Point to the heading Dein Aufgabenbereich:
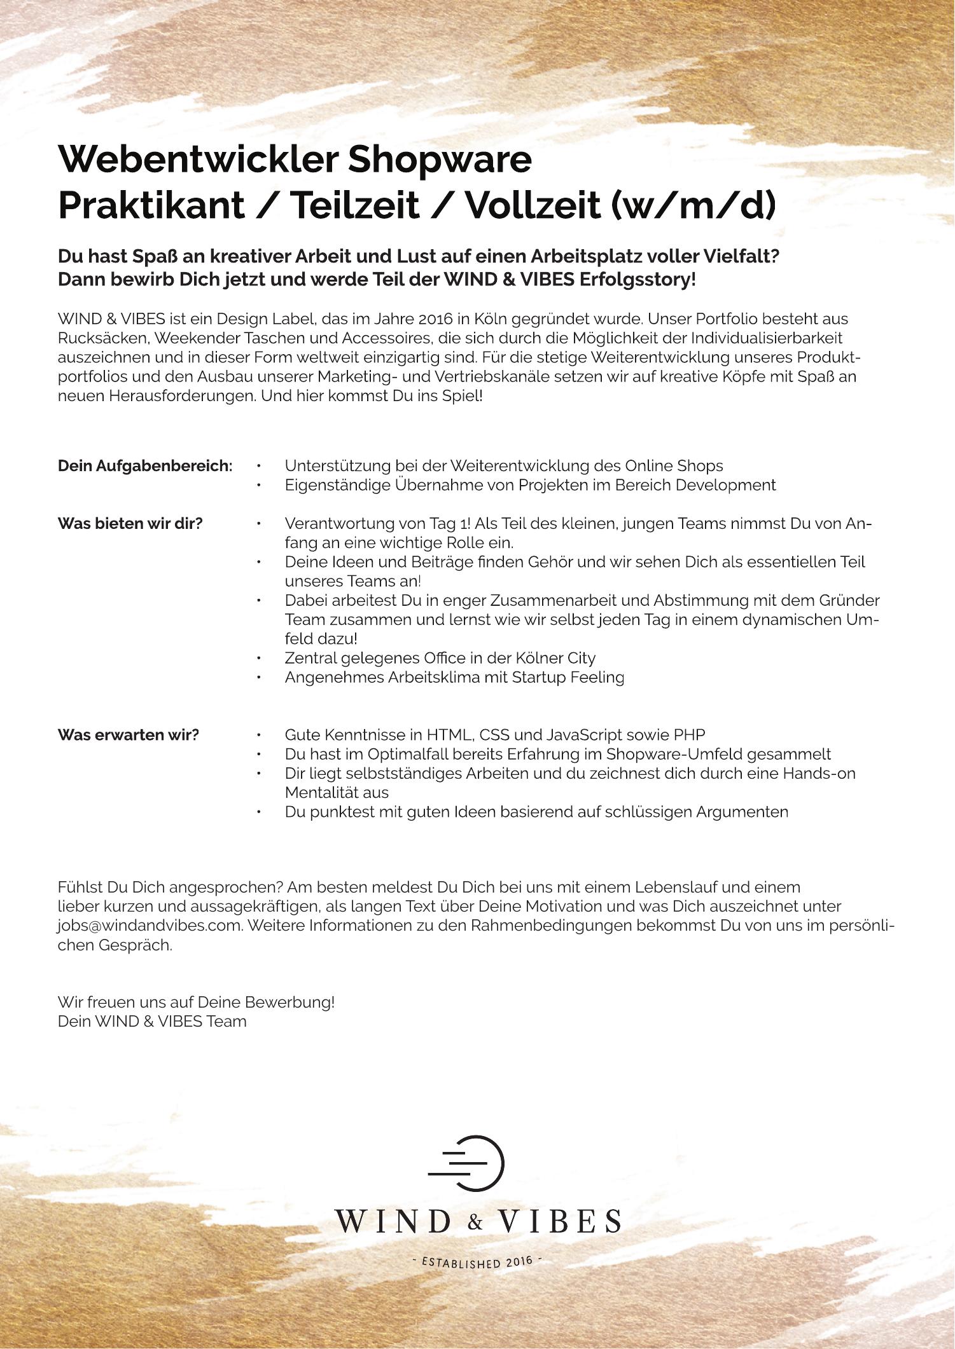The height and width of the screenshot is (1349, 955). (x=145, y=466)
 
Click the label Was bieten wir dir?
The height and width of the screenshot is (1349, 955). (x=130, y=524)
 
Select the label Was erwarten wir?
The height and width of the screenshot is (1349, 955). (x=128, y=735)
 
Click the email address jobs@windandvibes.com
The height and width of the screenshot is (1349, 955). (x=150, y=926)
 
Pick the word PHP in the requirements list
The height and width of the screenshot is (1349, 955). (x=690, y=735)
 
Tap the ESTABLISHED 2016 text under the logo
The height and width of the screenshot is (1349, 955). (x=477, y=1261)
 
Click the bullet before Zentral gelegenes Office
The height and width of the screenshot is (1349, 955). (x=259, y=658)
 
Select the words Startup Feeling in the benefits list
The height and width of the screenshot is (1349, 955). (x=568, y=677)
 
